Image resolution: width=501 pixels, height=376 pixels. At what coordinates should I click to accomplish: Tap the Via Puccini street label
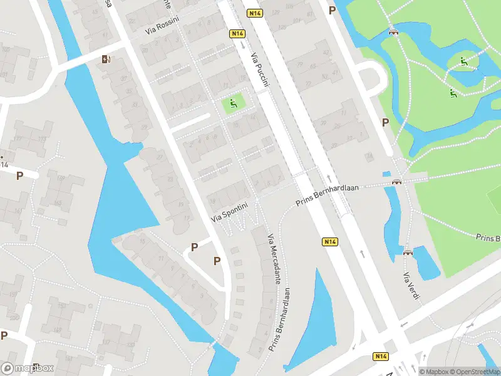(x=260, y=70)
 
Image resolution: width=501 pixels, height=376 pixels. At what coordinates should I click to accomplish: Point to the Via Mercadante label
(x=273, y=259)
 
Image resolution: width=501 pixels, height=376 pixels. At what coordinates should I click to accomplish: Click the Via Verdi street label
(x=410, y=286)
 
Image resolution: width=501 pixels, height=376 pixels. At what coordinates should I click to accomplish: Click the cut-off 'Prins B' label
(x=487, y=238)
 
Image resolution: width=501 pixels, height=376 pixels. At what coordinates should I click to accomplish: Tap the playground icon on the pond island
(x=464, y=61)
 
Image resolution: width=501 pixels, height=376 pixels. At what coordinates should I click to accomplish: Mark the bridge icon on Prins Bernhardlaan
(x=396, y=182)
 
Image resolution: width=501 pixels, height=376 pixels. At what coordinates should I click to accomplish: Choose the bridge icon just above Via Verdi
(x=408, y=253)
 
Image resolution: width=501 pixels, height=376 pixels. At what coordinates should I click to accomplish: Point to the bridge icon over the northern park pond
(x=393, y=33)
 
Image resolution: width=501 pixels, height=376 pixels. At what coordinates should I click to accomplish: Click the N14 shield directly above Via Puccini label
(x=237, y=33)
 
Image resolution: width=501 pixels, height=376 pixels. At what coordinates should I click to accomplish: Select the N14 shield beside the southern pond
(x=330, y=242)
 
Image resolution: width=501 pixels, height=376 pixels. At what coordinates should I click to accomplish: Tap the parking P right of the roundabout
(x=385, y=122)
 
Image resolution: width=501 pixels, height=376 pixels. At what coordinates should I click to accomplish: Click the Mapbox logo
(x=27, y=368)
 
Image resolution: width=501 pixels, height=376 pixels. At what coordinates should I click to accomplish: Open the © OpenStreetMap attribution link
(x=474, y=371)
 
